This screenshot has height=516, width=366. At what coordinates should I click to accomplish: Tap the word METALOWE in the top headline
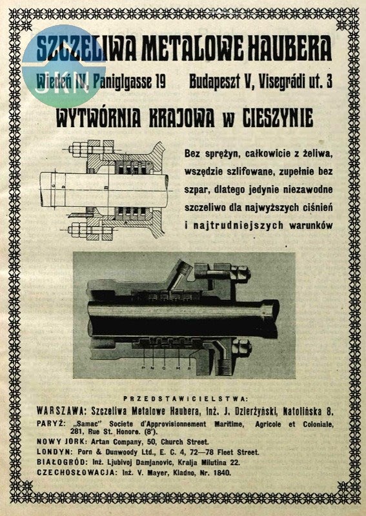coord(193,49)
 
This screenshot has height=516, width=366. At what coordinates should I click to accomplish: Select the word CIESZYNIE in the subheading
coord(278,118)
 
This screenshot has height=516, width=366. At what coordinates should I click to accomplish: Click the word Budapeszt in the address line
coord(219,82)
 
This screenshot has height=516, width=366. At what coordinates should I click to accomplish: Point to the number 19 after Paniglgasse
coord(160,82)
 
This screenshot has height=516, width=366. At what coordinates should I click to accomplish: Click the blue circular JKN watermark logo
coord(63,66)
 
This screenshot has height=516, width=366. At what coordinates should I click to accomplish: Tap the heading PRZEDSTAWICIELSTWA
coord(185,399)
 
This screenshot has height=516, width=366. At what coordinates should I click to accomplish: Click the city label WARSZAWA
coord(61,411)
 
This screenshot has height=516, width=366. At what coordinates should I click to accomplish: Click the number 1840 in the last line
coord(222,473)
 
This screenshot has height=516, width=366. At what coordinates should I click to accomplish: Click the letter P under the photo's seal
coord(143,368)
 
